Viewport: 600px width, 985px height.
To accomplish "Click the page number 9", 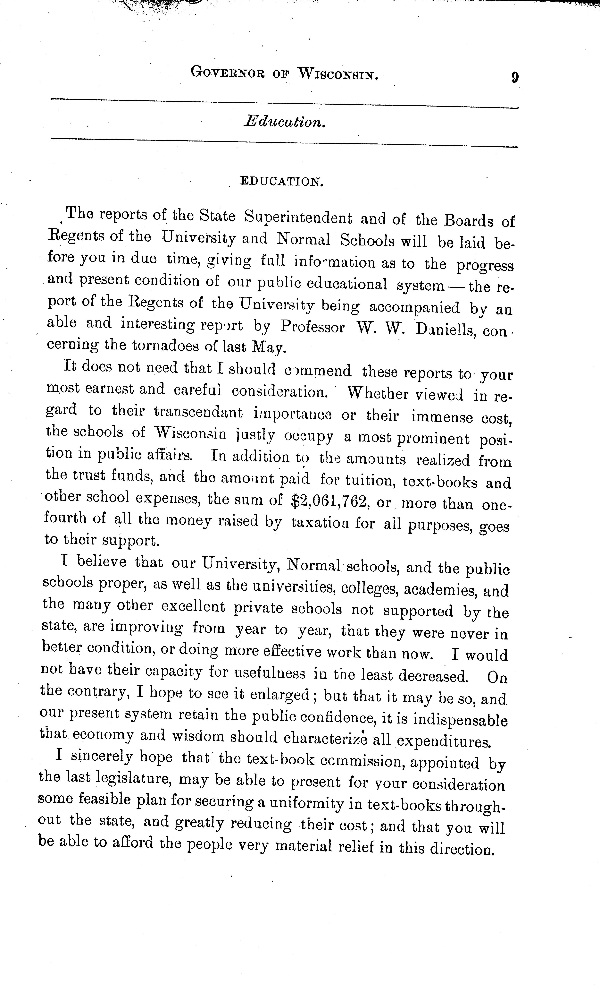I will (514, 76).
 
